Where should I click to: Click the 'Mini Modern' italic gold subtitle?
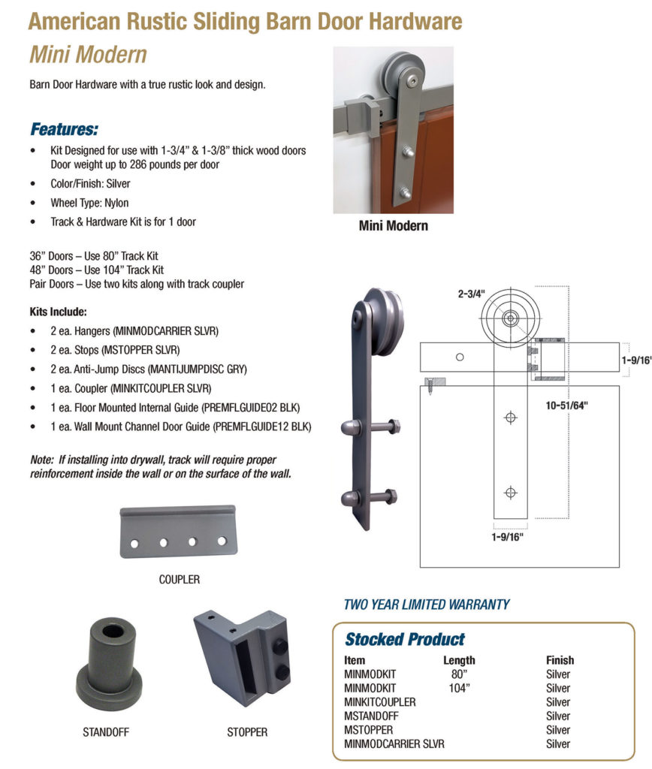(x=87, y=55)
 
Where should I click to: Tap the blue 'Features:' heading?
(x=64, y=129)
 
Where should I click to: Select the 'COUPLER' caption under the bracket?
(x=179, y=580)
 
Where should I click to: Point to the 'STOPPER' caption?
(x=246, y=732)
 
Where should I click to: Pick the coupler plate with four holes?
(x=178, y=531)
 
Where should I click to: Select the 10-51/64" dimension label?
(x=567, y=406)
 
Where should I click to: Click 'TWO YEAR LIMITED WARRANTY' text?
(x=426, y=604)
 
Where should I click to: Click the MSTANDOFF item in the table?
(x=371, y=716)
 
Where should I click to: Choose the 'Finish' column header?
(x=560, y=661)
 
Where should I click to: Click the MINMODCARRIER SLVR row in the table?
(x=394, y=744)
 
